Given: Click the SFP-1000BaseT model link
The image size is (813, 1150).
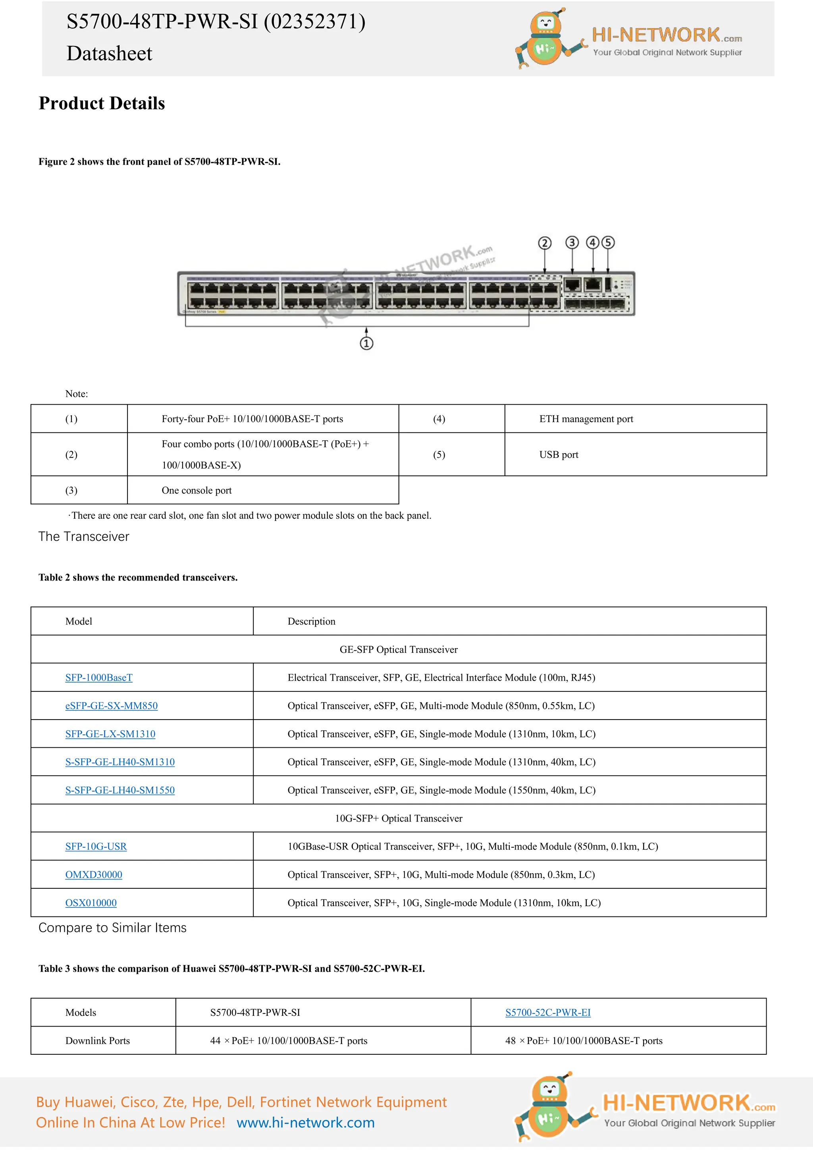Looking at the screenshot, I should tap(98, 678).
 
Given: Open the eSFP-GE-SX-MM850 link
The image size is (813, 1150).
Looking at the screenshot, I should tap(111, 706).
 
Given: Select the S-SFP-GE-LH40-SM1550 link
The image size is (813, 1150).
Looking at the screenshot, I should tap(119, 790).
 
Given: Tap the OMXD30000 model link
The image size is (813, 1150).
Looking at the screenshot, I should tap(94, 874).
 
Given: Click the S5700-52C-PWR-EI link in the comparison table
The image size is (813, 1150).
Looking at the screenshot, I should tap(548, 1013).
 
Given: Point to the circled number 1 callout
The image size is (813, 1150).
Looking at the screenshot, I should tap(366, 343).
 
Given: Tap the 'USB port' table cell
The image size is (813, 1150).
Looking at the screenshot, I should tap(559, 455).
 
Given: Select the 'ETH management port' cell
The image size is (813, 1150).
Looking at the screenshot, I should tap(586, 419).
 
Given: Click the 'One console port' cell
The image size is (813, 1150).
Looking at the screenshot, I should tap(196, 491).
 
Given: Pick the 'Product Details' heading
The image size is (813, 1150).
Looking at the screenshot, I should tap(102, 103).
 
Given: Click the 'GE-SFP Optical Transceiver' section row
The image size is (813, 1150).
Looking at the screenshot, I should tap(399, 650).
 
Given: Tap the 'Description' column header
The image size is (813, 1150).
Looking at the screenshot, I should tap(311, 621).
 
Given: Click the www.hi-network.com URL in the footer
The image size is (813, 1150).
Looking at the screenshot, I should tap(305, 1123).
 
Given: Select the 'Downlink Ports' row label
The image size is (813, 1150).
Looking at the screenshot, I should tap(98, 1041).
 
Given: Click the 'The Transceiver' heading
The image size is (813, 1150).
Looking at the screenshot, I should tap(84, 537).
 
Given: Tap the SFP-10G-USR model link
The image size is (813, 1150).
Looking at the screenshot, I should tap(96, 847).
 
